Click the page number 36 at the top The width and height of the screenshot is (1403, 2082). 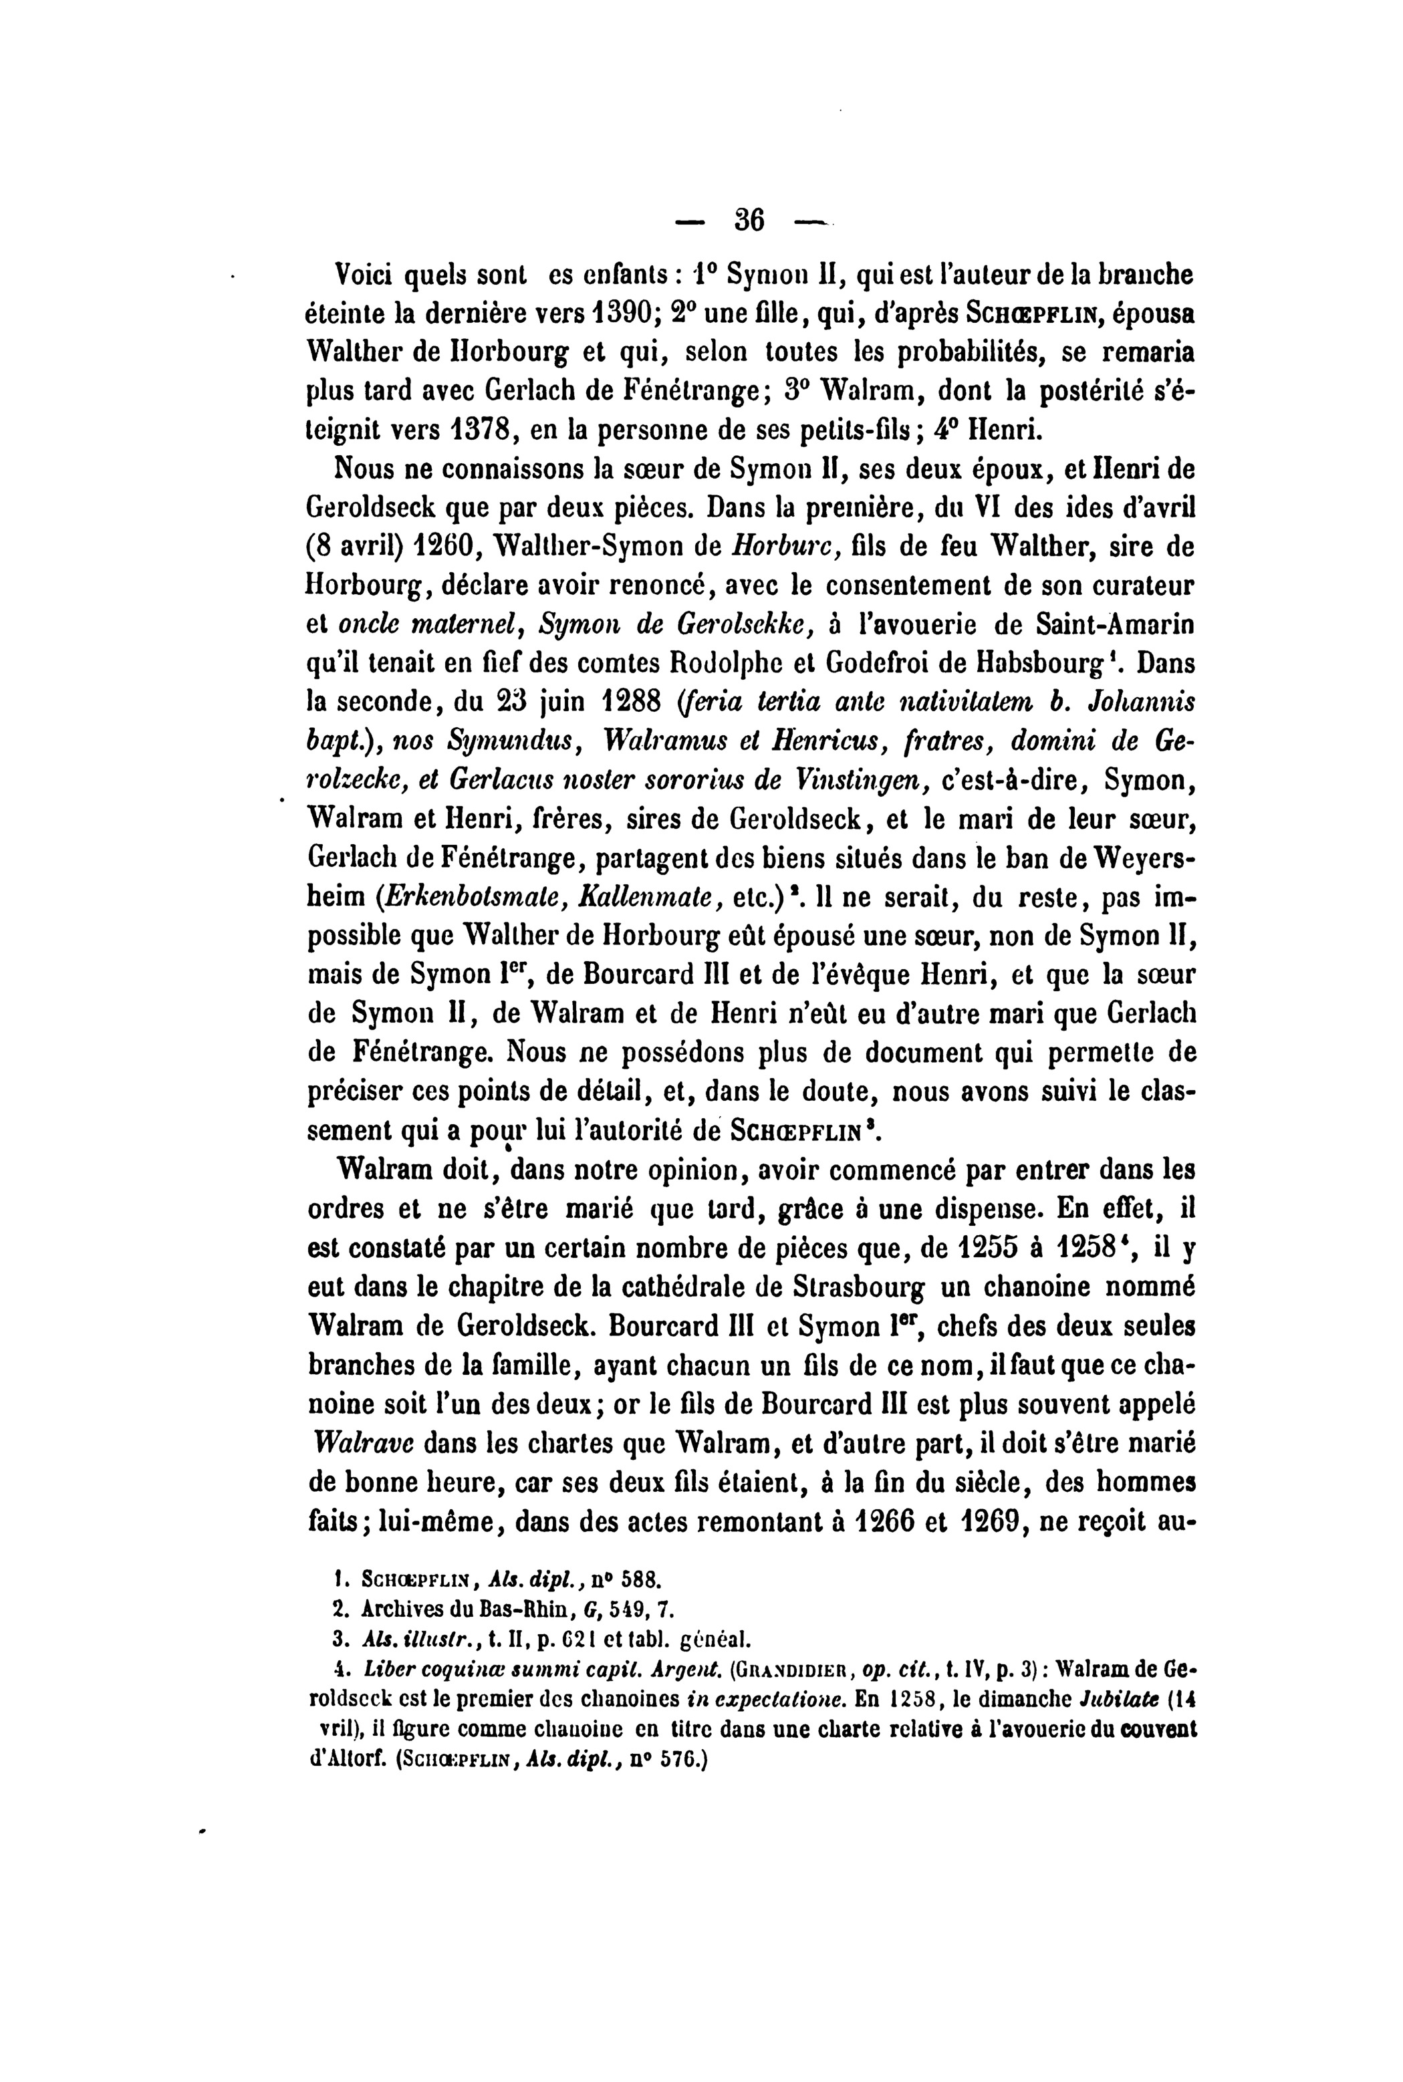(x=748, y=220)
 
